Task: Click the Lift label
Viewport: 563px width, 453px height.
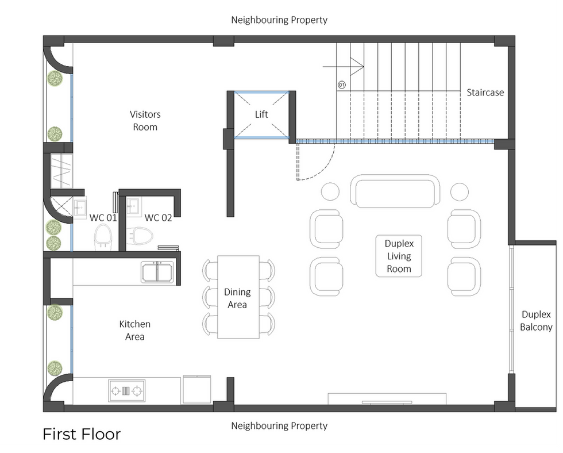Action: (261, 114)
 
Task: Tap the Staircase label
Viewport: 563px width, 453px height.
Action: (485, 93)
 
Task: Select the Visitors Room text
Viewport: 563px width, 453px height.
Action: (145, 121)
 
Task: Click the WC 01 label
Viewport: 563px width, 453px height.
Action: (103, 218)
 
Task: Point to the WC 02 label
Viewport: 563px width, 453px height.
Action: (158, 218)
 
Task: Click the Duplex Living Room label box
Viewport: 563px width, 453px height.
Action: (399, 256)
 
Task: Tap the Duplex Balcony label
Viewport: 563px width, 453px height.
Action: (536, 321)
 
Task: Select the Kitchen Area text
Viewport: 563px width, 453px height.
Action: (135, 331)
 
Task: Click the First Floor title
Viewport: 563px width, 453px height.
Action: (82, 434)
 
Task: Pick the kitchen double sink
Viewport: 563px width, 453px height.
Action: (157, 271)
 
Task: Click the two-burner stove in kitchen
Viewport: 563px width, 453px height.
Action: (126, 391)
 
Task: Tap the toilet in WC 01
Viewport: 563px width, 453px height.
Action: (103, 236)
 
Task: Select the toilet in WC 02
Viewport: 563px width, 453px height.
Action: (140, 236)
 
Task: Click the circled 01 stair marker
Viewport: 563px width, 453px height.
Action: (342, 85)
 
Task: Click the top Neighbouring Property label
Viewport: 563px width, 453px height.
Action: (279, 20)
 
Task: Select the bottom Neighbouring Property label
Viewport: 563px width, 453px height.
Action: (279, 426)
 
